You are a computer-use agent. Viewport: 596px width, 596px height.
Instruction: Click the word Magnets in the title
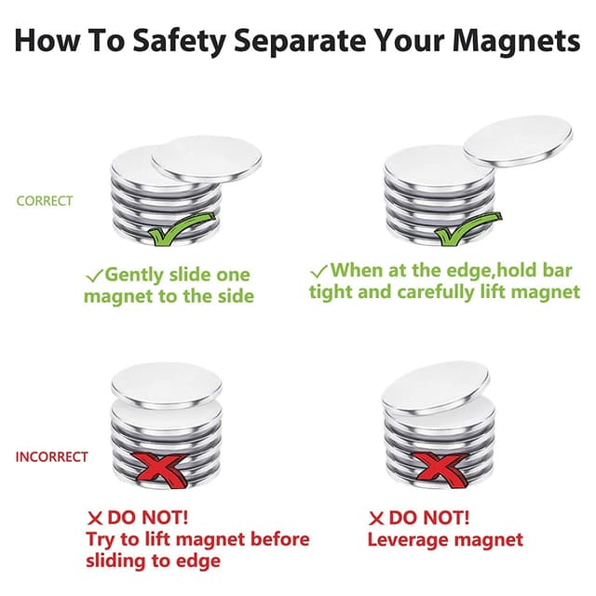coord(516,41)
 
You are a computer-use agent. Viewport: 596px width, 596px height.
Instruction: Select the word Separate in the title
coord(299,42)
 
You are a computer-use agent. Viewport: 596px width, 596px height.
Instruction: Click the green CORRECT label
coord(45,201)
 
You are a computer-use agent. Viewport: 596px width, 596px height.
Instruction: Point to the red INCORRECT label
coord(52,456)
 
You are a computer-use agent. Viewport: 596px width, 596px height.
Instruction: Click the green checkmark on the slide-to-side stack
coord(182,229)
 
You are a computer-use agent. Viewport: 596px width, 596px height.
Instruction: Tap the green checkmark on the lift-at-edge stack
coord(468,229)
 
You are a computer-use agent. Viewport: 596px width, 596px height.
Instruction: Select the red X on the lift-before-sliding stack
coord(161,470)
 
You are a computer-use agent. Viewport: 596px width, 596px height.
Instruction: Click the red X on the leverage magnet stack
coord(440,470)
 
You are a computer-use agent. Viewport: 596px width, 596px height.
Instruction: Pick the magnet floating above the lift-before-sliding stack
coord(167,385)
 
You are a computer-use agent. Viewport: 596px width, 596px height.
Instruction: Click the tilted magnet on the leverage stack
coord(436,388)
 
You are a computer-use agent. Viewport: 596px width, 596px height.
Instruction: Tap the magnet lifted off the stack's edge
coord(518,141)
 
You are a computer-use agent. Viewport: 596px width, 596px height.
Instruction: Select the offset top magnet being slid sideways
coord(207,159)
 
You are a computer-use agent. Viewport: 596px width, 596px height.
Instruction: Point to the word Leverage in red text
coord(408,540)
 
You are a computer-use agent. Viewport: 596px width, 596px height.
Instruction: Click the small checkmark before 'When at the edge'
coord(318,271)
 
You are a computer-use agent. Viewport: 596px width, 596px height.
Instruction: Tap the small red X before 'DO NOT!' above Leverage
coord(376,519)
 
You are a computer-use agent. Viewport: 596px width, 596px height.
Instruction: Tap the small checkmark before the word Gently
coord(95,276)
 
